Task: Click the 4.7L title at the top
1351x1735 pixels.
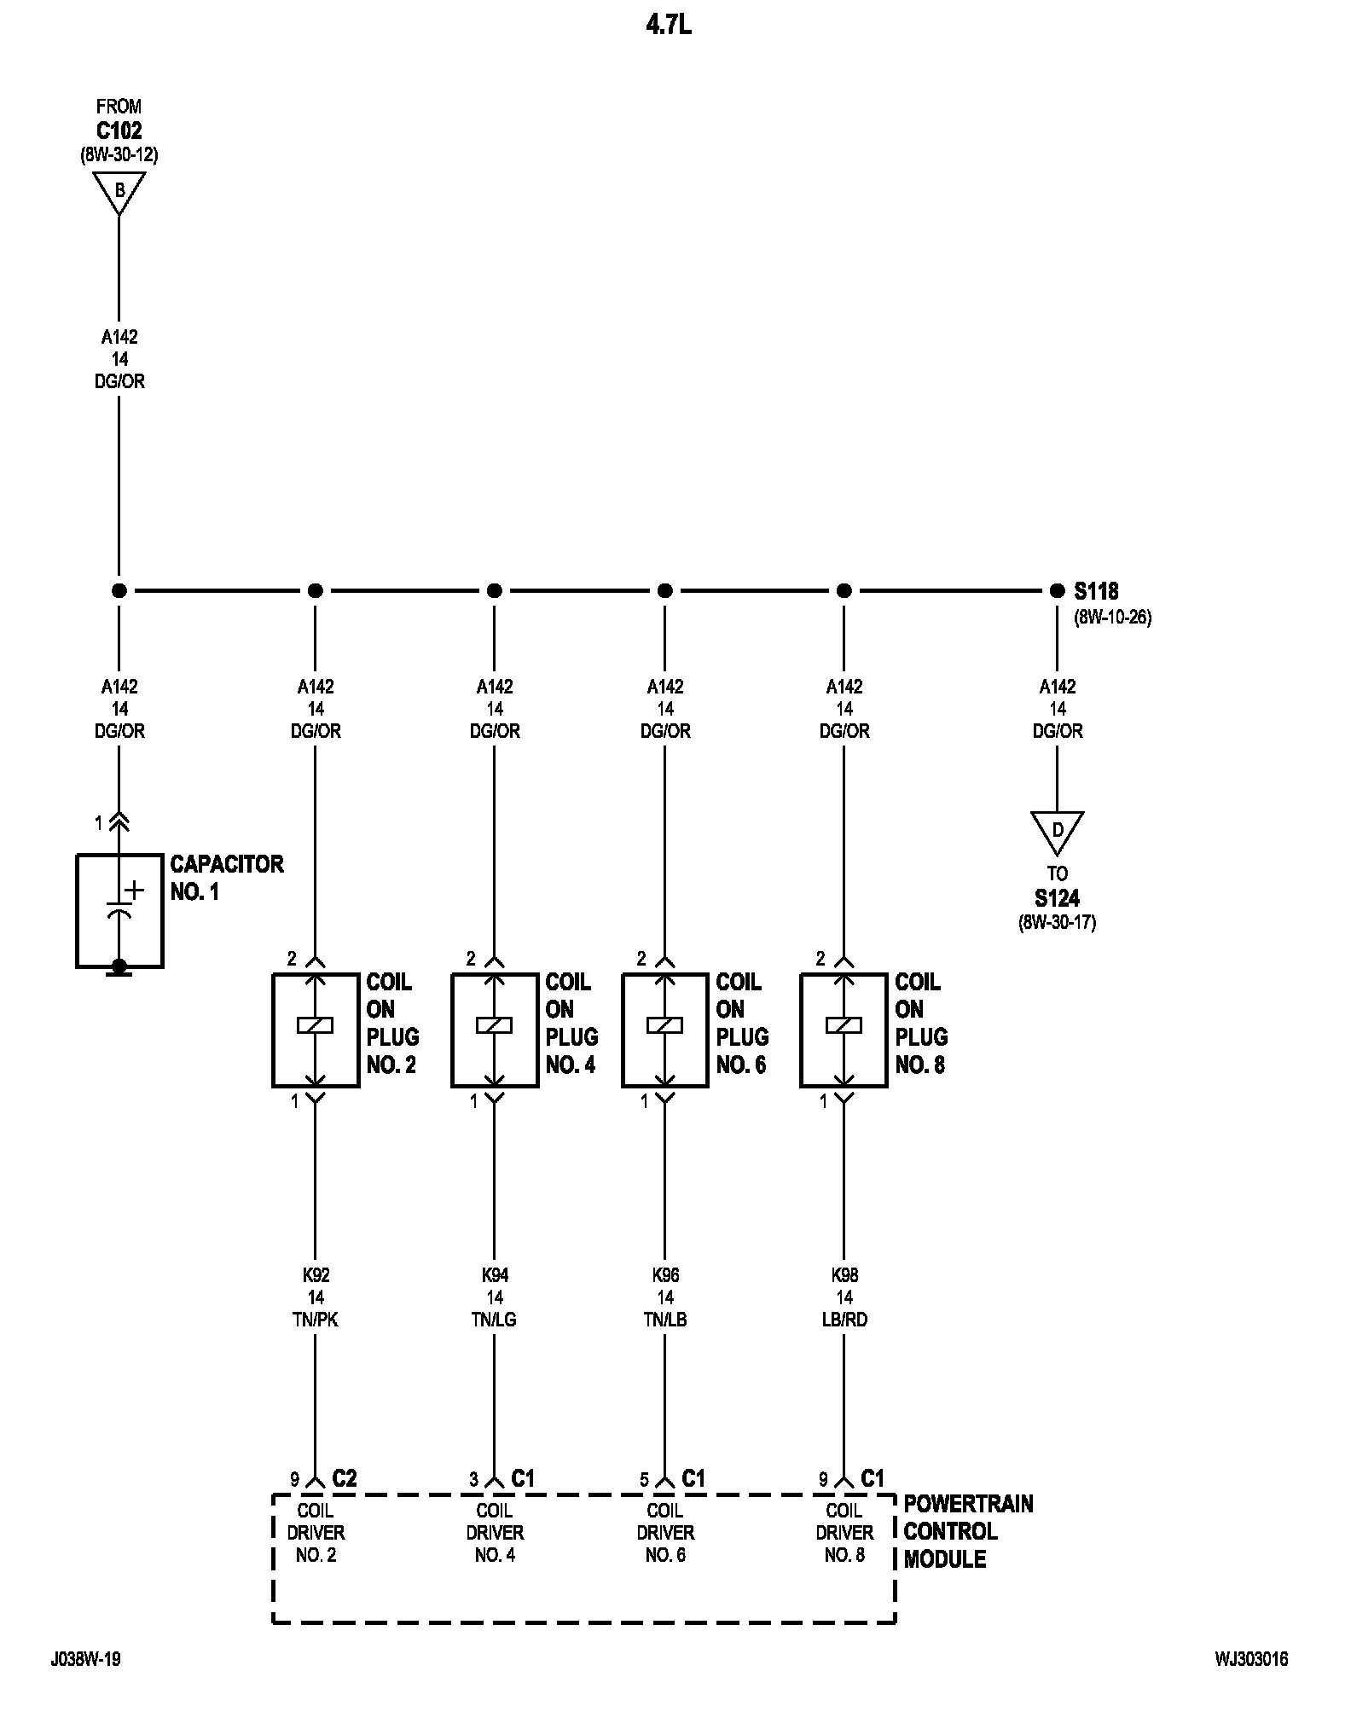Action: click(669, 26)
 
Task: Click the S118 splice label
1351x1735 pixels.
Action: click(1096, 590)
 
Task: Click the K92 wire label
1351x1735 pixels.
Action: click(316, 1275)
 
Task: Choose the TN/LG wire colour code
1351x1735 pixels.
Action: click(495, 1320)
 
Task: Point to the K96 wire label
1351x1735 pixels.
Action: click(665, 1275)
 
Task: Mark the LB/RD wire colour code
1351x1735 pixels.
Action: click(844, 1320)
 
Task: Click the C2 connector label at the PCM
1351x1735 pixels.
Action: click(344, 1478)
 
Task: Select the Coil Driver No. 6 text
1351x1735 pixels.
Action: click(665, 1533)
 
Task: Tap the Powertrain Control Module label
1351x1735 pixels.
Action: click(968, 1531)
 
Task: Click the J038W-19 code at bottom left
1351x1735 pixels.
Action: click(85, 1659)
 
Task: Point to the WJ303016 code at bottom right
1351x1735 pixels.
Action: click(1251, 1659)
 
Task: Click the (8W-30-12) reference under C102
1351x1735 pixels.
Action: click(119, 155)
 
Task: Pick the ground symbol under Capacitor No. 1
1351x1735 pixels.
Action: click(119, 968)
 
